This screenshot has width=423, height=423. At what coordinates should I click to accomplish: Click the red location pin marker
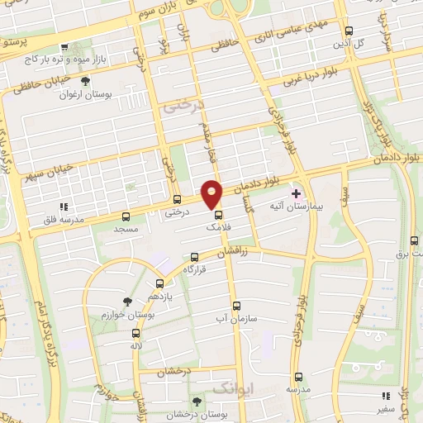[x=212, y=193]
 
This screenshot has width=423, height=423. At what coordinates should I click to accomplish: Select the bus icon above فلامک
[x=218, y=214]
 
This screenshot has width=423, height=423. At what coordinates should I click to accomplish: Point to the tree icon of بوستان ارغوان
[x=85, y=81]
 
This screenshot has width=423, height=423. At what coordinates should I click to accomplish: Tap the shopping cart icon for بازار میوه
[x=64, y=47]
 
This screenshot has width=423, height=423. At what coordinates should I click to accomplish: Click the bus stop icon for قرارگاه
[x=194, y=257]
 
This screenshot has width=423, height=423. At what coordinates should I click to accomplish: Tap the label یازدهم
[x=159, y=295]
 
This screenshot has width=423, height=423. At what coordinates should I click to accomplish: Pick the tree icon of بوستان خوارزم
[x=126, y=302]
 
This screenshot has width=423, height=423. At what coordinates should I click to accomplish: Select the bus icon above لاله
[x=135, y=333]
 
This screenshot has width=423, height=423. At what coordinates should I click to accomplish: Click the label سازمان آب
[x=236, y=317]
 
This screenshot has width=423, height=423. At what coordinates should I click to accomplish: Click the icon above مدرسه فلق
[x=64, y=207]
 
